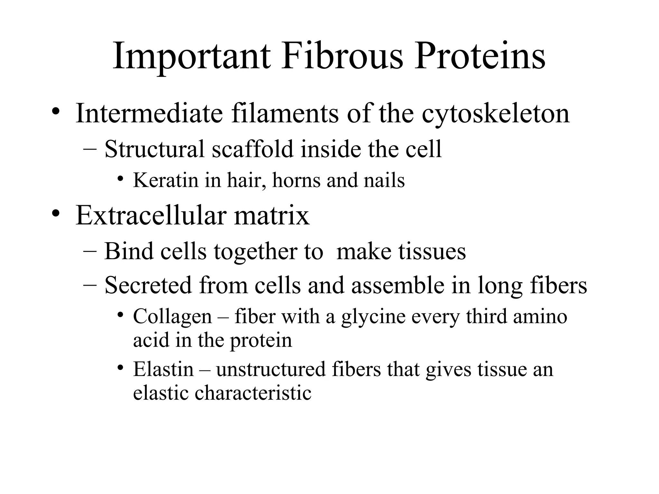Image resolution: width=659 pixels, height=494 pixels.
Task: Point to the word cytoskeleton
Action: coord(496,114)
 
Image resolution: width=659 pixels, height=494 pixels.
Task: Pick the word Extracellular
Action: coord(151,215)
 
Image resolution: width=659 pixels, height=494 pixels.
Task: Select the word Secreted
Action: coord(148,285)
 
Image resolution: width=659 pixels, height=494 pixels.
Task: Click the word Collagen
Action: coord(172,317)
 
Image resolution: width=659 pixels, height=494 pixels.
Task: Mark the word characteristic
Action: coord(253,393)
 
